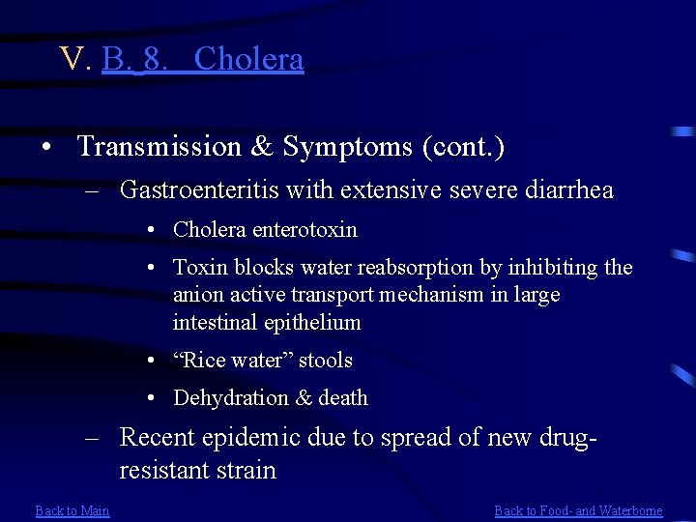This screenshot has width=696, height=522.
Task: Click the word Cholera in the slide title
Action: [x=248, y=60]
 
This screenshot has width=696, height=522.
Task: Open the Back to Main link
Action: [x=72, y=510]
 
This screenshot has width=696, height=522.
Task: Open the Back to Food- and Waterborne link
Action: [x=578, y=510]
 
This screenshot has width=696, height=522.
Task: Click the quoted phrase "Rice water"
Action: [x=232, y=361]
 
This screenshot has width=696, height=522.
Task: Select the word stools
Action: [x=326, y=361]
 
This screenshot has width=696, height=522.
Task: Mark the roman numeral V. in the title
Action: [x=74, y=60]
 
